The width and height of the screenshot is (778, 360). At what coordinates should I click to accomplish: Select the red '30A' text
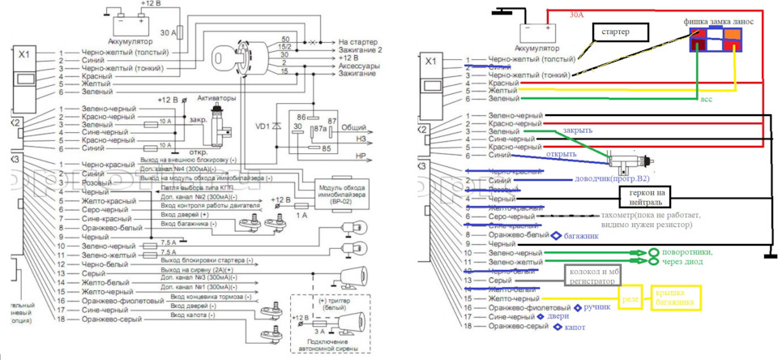(x=575, y=15)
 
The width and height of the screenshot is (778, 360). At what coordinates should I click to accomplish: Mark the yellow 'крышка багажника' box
(x=674, y=298)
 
